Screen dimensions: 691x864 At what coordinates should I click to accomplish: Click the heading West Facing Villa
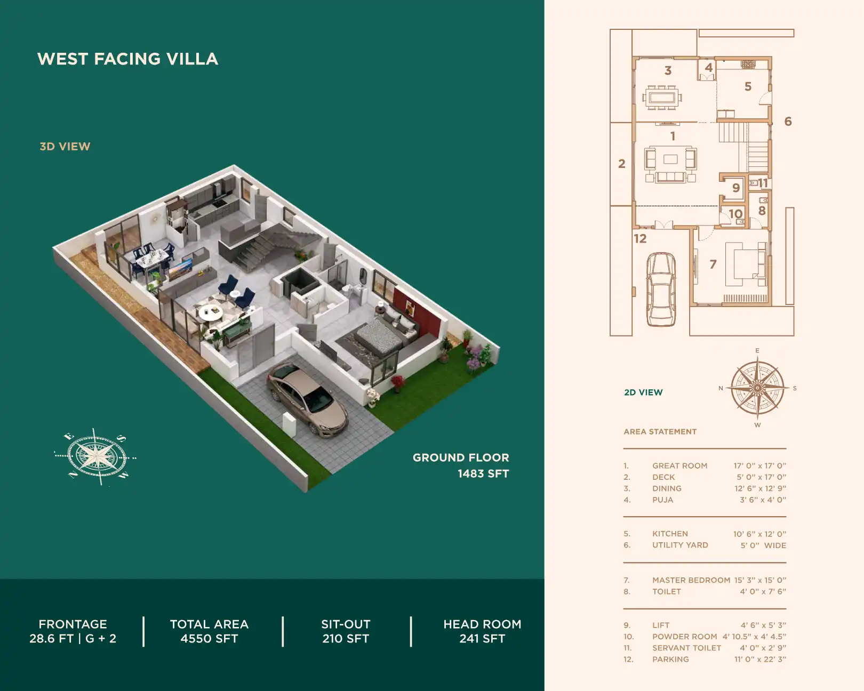click(127, 59)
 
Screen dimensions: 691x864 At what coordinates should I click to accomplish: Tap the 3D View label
click(65, 147)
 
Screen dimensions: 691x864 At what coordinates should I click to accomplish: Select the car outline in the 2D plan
click(661, 289)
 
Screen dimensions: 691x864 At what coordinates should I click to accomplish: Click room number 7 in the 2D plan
click(713, 264)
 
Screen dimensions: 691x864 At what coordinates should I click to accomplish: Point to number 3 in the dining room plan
click(668, 70)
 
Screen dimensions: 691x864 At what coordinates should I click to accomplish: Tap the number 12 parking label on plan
click(640, 238)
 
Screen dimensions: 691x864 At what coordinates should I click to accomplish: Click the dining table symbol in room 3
click(662, 98)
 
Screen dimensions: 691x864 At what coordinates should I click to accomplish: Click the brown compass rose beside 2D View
click(757, 388)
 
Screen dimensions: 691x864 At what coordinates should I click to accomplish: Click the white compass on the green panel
click(96, 457)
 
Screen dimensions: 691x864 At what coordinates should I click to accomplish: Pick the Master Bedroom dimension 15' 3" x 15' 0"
click(759, 580)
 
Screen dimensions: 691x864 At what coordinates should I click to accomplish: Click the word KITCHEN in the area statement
click(670, 534)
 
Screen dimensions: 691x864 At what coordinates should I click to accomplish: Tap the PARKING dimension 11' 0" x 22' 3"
click(760, 659)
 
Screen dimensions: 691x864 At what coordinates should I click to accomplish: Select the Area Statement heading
click(660, 431)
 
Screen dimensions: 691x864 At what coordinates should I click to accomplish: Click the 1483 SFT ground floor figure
click(483, 473)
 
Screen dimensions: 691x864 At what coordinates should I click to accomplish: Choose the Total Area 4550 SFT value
click(209, 638)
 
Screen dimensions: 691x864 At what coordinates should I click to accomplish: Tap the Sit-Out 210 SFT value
click(346, 638)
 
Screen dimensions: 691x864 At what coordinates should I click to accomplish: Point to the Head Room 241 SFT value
click(482, 638)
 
